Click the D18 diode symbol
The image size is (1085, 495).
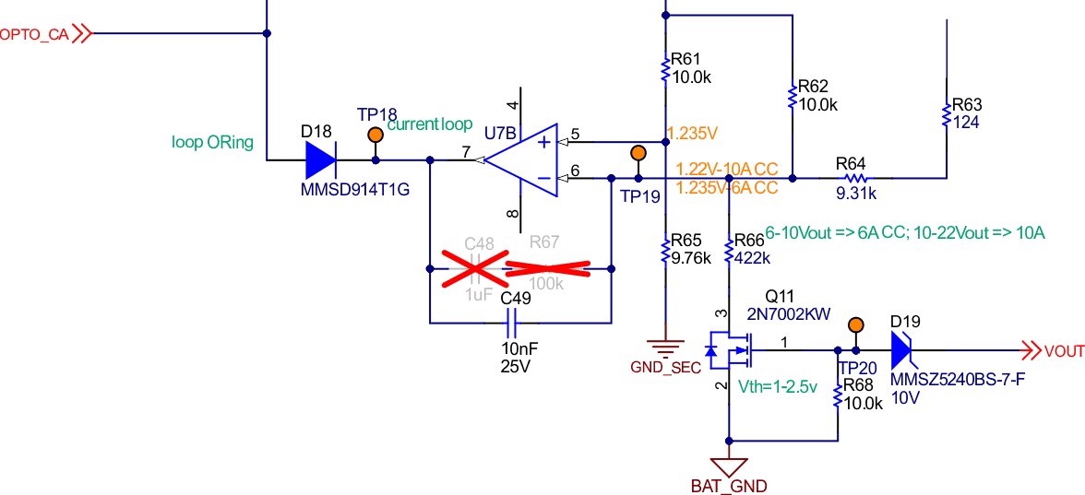coord(320,160)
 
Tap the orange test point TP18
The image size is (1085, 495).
coord(376,136)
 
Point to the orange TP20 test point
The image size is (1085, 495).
coord(856,324)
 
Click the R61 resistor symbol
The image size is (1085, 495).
coord(665,70)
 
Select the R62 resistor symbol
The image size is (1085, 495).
coord(792,95)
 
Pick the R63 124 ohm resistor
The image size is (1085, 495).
coord(947,116)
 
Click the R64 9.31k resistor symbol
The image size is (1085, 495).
coord(856,178)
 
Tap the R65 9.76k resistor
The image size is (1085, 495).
coord(665,250)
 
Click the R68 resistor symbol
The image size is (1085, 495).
coord(837,396)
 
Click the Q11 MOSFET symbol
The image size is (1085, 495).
coord(733,350)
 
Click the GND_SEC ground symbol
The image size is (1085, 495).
coord(665,348)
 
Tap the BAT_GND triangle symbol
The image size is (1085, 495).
coord(729,466)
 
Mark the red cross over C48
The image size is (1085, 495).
coord(476,268)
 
